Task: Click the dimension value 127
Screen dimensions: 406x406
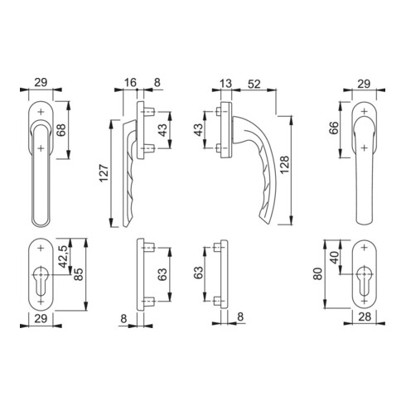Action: point(104,173)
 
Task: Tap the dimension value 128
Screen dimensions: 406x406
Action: point(284,165)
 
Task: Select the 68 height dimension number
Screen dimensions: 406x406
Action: point(61,130)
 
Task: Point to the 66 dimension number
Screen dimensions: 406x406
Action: point(334,128)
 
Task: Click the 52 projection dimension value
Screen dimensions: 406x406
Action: point(254,84)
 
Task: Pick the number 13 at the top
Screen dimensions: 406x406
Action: point(226,84)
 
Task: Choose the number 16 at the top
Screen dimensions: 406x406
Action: point(130,82)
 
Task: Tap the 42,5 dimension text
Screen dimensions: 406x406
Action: point(64,257)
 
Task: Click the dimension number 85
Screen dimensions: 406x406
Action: point(79,274)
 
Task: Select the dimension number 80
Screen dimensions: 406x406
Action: point(318,273)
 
